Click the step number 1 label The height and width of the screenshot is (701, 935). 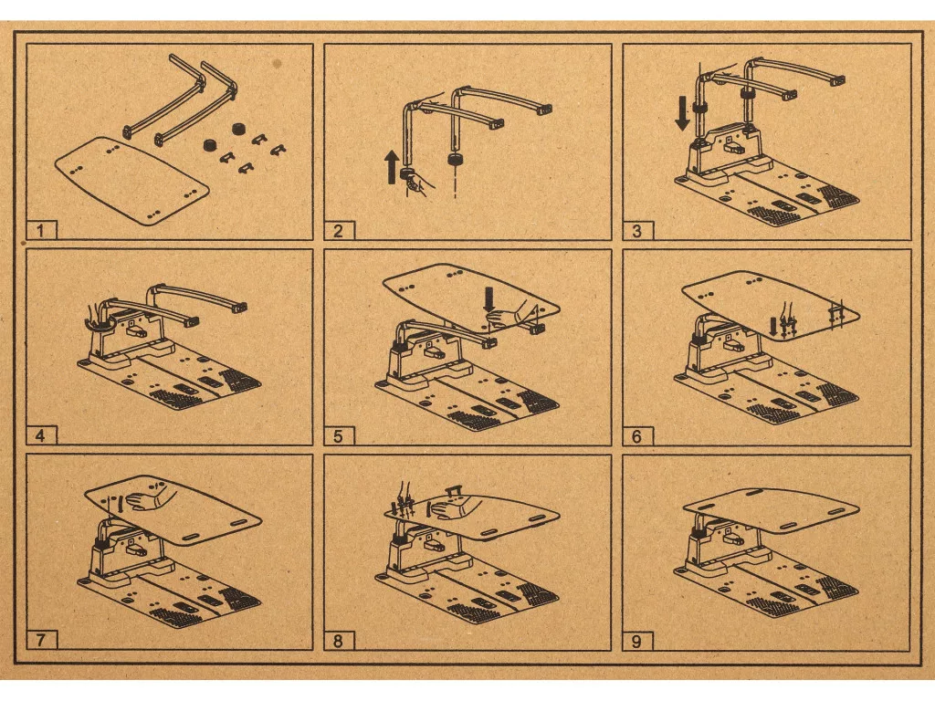pyautogui.click(x=40, y=231)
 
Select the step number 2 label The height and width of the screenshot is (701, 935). pyautogui.click(x=338, y=231)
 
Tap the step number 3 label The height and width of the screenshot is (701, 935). pyautogui.click(x=636, y=231)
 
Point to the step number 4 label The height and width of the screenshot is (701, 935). pyautogui.click(x=40, y=435)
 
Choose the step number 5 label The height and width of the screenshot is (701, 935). pyautogui.click(x=338, y=435)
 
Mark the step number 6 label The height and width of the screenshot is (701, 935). pyautogui.click(x=636, y=435)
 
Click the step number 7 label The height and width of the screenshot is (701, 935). pyautogui.click(x=40, y=641)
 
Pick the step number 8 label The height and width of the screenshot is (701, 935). pyautogui.click(x=338, y=641)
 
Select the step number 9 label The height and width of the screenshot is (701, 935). pyautogui.click(x=636, y=641)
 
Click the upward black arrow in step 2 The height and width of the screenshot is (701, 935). pyautogui.click(x=392, y=167)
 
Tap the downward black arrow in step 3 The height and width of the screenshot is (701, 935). pyautogui.click(x=683, y=115)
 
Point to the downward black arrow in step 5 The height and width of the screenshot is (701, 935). pyautogui.click(x=489, y=299)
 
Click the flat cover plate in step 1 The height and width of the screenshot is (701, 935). pyautogui.click(x=131, y=180)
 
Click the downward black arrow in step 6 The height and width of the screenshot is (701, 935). pyautogui.click(x=773, y=326)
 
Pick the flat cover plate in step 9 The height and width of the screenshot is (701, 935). pyautogui.click(x=771, y=510)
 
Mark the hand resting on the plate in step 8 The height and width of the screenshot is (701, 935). pyautogui.click(x=453, y=508)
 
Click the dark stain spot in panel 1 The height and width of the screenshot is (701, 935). pyautogui.click(x=277, y=62)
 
